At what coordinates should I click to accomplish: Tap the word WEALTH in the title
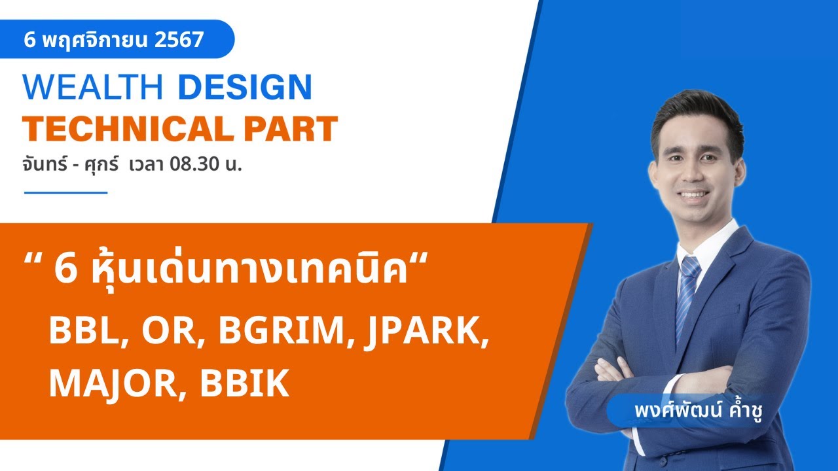pyautogui.click(x=92, y=88)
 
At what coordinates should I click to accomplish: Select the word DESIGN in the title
pyautogui.click(x=245, y=88)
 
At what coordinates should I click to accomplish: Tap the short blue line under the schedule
pyautogui.click(x=65, y=193)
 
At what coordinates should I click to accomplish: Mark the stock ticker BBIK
pyautogui.click(x=245, y=384)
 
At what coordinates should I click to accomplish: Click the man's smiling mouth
pyautogui.click(x=694, y=195)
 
